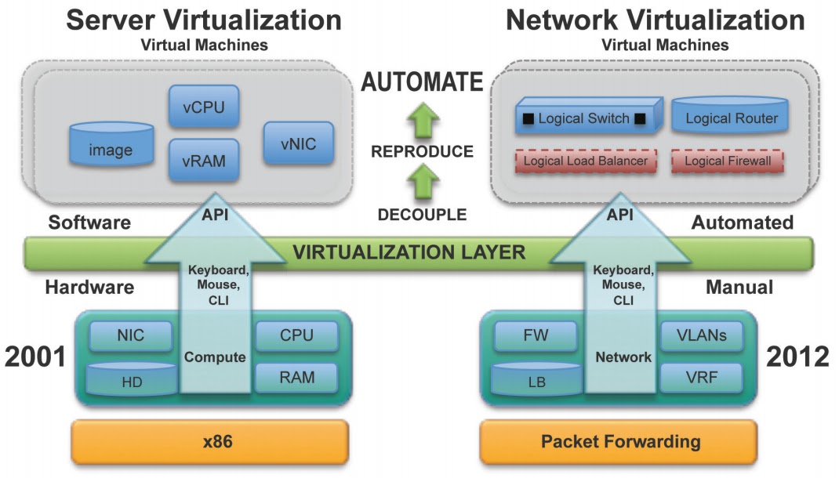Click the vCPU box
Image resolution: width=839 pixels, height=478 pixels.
[x=204, y=107]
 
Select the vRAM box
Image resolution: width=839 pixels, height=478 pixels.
[x=204, y=161]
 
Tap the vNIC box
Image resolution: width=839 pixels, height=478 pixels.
[x=298, y=143]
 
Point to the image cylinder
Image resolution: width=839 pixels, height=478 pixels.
[x=111, y=144]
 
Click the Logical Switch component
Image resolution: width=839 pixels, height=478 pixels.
[x=588, y=116]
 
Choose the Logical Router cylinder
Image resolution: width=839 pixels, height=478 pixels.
[x=730, y=115]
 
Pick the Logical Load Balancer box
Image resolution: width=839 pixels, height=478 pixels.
[x=586, y=161]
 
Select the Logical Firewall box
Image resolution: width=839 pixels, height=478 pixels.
[x=728, y=161]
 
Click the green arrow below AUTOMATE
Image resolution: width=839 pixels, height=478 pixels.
[x=423, y=121]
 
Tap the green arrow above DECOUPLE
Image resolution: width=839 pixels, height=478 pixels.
[x=423, y=182]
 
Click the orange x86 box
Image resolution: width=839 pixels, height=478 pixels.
[x=210, y=442]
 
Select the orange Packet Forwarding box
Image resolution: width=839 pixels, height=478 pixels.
[x=619, y=442]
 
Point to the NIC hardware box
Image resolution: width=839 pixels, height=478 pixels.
[x=131, y=335]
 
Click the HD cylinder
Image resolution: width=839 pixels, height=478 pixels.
[x=132, y=379]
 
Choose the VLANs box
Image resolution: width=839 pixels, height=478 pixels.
[x=702, y=335]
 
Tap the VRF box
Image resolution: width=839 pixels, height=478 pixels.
[x=702, y=378]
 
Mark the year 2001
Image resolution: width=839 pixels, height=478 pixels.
[x=35, y=357]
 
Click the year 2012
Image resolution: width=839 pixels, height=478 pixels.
[x=797, y=357]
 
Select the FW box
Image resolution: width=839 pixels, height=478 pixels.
[x=536, y=335]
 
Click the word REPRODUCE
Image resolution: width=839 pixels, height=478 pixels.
[x=422, y=151]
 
